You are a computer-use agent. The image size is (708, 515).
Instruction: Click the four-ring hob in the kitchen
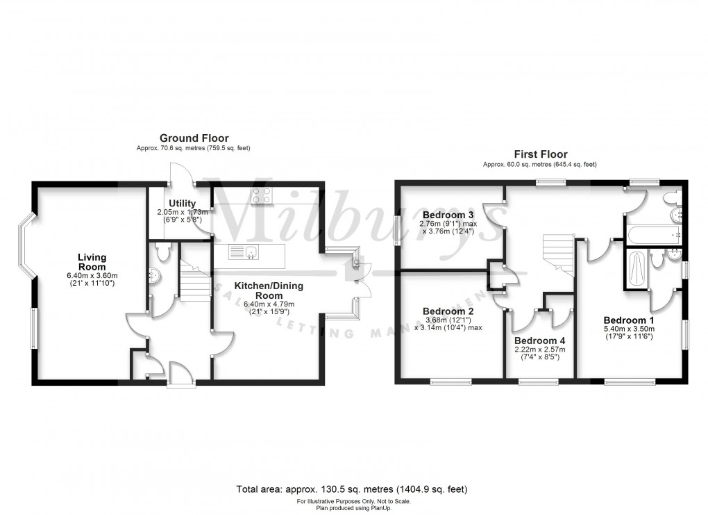262,197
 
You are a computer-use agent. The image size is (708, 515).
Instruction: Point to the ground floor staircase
196,278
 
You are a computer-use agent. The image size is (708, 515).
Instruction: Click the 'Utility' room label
164,203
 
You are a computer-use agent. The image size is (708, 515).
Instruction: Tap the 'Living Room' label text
92,262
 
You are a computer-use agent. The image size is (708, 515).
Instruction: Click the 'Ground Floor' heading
184,139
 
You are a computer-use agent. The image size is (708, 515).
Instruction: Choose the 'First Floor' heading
540,154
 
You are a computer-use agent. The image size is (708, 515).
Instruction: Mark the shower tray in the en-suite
637,270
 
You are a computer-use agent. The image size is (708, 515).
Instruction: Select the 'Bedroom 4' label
539,341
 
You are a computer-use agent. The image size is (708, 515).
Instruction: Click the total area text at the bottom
354,488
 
